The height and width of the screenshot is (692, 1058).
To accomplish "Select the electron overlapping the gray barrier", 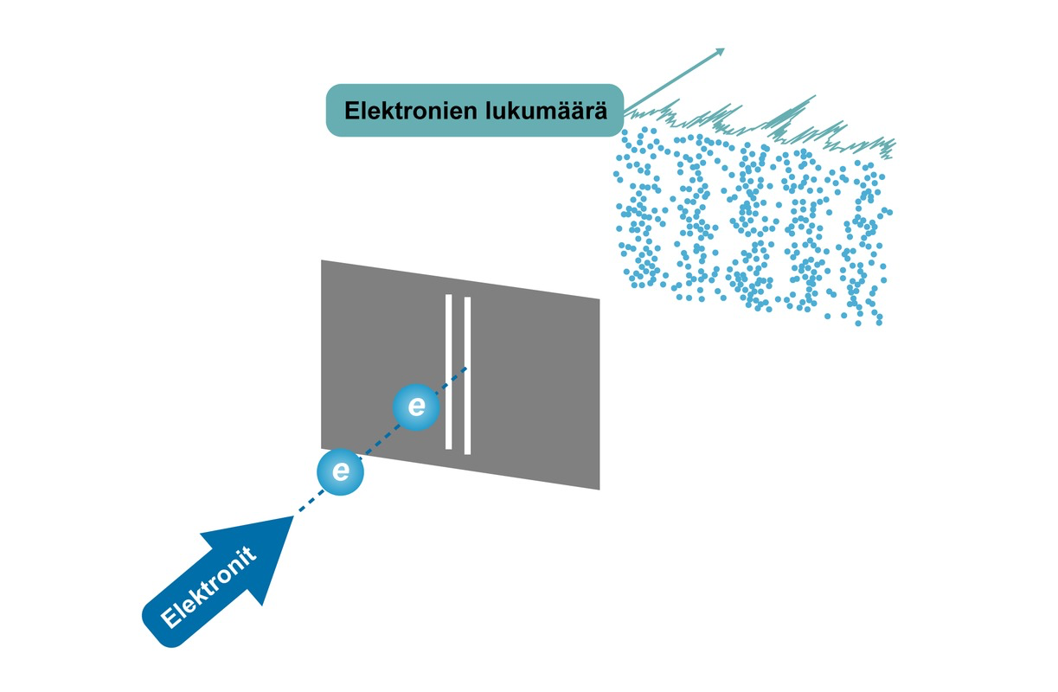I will (416, 407).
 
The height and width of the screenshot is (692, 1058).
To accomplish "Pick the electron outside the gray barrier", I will (341, 471).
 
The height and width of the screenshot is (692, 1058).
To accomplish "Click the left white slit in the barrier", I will (449, 372).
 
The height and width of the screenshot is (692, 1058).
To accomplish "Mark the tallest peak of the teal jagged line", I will (814, 97).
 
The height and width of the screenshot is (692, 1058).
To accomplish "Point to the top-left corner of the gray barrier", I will (322, 260).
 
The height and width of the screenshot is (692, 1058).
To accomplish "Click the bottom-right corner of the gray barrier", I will (600, 490).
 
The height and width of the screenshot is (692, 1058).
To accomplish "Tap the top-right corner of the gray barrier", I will (600, 300).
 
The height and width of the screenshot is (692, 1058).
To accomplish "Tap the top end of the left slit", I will (449, 296).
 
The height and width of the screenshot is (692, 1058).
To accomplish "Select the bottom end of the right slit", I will (467, 452).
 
